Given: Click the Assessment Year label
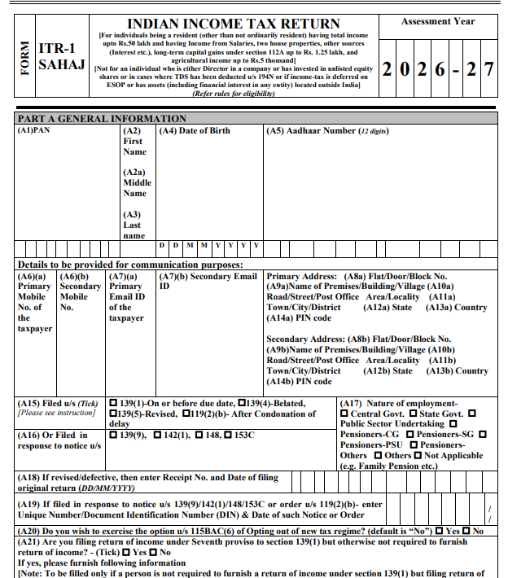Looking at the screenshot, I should [438, 22].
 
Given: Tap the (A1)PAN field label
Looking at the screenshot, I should [33, 130].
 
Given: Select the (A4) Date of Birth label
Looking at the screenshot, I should [195, 130].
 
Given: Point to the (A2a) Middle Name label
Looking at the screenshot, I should [135, 183].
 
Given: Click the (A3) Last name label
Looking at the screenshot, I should [133, 225].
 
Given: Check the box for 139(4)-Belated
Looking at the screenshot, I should [242, 403].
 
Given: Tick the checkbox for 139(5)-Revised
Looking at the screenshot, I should [112, 414].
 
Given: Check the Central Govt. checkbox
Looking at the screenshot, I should [344, 414].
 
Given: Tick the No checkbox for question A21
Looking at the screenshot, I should [154, 552].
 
